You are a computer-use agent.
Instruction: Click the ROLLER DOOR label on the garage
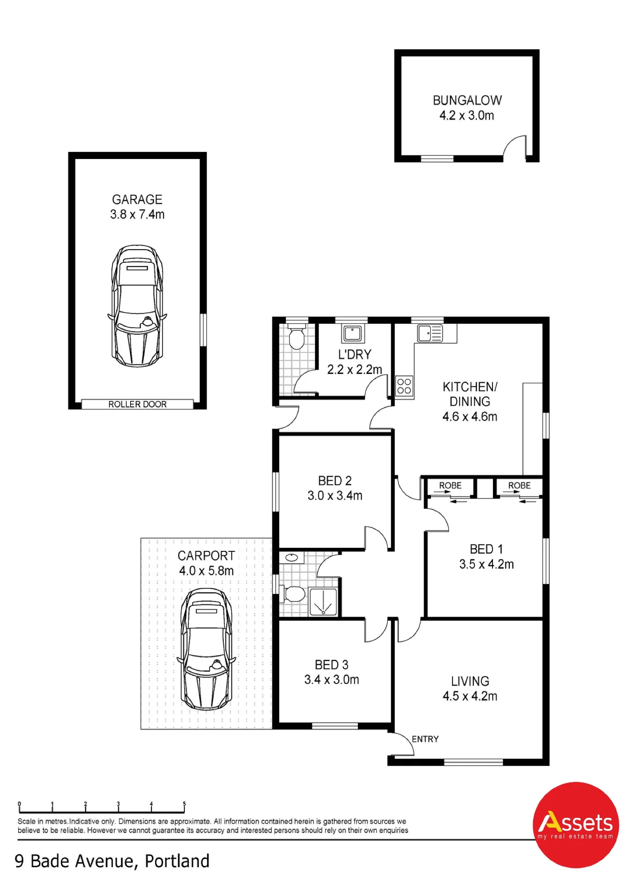point(137,404)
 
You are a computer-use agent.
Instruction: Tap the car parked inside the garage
point(137,305)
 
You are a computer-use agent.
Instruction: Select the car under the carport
point(206,649)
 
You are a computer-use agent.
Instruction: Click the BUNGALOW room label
point(467,100)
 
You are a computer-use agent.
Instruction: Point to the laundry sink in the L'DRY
point(353,333)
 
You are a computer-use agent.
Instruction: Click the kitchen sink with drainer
point(430,333)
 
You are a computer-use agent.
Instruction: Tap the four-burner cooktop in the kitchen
point(404,386)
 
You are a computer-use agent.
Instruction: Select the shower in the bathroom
point(323,602)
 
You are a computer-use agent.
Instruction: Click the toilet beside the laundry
point(296,337)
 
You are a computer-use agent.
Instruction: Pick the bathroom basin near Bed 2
point(292,557)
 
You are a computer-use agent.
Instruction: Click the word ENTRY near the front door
point(425,739)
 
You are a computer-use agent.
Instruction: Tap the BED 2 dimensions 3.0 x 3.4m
point(335,496)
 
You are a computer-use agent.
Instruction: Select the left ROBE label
point(450,485)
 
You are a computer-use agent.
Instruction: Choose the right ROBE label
point(519,485)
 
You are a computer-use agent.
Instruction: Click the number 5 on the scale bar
point(184,804)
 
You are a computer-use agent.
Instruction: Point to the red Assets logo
point(576,825)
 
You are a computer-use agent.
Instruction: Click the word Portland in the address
point(177,861)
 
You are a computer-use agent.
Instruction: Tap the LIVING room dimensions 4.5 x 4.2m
point(470,696)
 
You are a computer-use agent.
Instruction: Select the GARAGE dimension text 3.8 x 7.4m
point(137,214)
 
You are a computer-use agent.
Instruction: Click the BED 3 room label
point(332,665)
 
